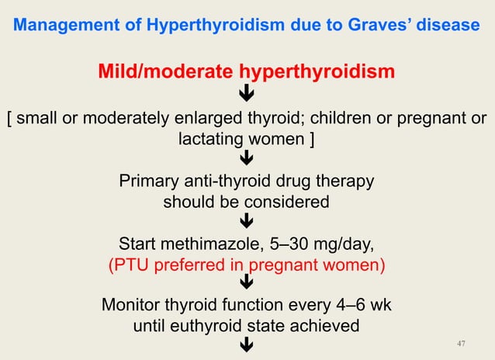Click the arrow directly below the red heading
pyautogui.click(x=247, y=96)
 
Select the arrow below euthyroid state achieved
pyautogui.click(x=247, y=345)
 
